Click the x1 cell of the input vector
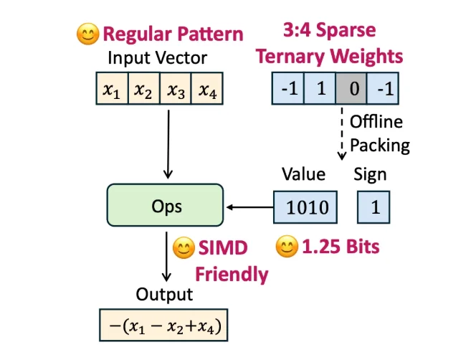pyautogui.click(x=111, y=90)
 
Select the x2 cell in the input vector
pyautogui.click(x=143, y=90)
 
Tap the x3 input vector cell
pyautogui.click(x=176, y=90)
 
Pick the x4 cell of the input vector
pyautogui.click(x=208, y=90)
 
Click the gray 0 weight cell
pyautogui.click(x=351, y=90)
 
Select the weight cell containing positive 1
pyautogui.click(x=320, y=90)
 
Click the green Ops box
pyautogui.click(x=167, y=207)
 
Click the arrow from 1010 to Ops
pyautogui.click(x=250, y=207)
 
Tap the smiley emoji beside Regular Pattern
pyautogui.click(x=87, y=33)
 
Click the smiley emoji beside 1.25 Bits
pyautogui.click(x=286, y=247)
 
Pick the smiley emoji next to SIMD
pyautogui.click(x=184, y=249)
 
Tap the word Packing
pyautogui.click(x=379, y=145)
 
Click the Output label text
pyautogui.click(x=165, y=295)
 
